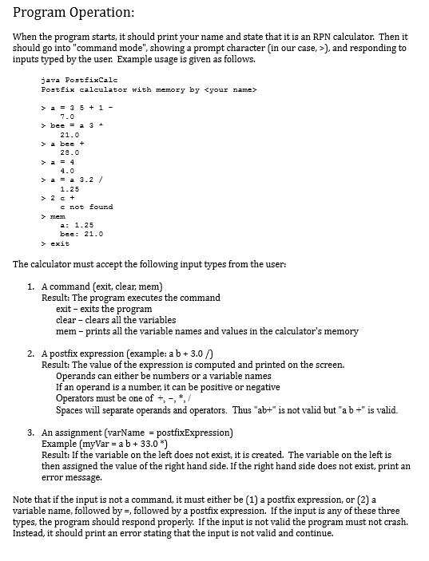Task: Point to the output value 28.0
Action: tap(70, 152)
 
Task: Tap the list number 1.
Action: tap(30, 286)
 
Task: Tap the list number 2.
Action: tap(30, 353)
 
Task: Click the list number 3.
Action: tap(30, 432)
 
